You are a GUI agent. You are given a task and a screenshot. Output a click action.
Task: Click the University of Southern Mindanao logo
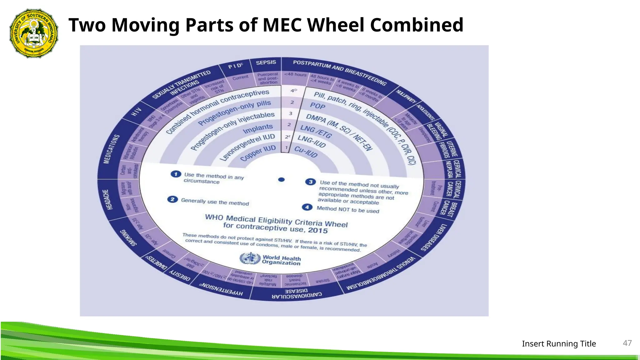(x=34, y=33)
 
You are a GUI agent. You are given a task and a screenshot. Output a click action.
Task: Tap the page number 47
(x=627, y=343)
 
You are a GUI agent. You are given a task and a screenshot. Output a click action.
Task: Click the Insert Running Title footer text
(x=559, y=344)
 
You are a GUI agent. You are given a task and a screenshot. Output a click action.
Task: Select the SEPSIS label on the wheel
(x=266, y=62)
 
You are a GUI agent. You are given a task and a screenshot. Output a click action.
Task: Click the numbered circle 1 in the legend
(x=176, y=174)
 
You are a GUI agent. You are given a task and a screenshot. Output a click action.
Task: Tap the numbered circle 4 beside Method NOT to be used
(x=307, y=207)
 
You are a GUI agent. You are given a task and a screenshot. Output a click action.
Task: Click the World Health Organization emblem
(x=250, y=259)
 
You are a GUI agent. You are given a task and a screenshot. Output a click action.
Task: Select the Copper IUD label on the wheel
(x=258, y=153)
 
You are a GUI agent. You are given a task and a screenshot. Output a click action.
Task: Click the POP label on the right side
(x=317, y=106)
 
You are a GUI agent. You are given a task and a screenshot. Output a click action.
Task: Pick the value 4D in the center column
(x=293, y=91)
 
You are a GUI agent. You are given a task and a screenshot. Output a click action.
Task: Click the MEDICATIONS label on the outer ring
(x=107, y=149)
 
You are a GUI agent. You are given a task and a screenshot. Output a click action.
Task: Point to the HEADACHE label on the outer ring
(x=106, y=199)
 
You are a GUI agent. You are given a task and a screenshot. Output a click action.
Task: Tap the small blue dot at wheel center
(x=281, y=180)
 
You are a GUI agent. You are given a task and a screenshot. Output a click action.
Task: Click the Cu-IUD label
(x=306, y=152)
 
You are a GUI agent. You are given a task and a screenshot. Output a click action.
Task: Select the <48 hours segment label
(x=295, y=75)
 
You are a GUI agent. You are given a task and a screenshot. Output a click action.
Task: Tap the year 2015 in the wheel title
(x=318, y=231)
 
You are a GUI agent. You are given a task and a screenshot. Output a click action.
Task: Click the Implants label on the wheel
(x=258, y=128)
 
